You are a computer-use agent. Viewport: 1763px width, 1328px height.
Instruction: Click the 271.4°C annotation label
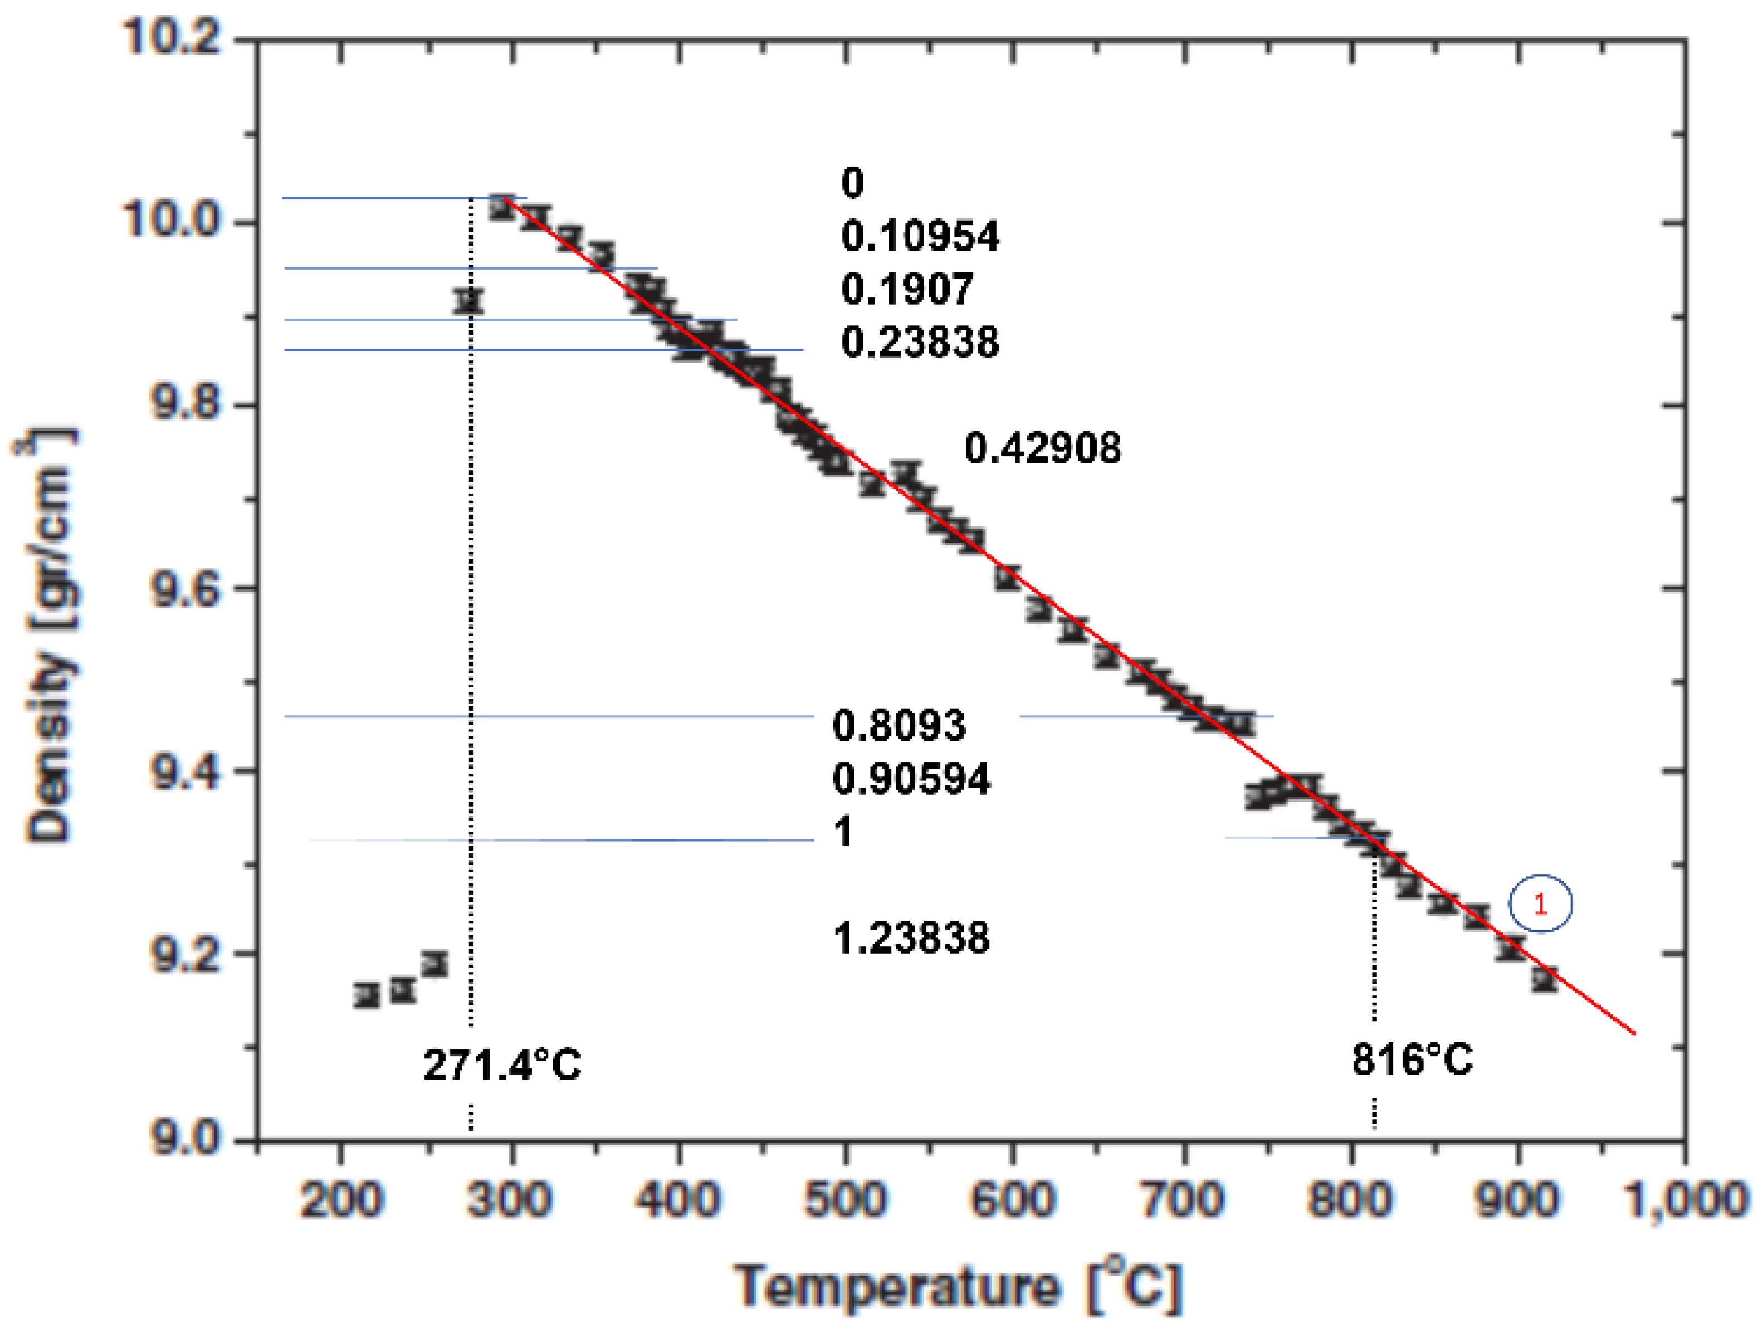pos(502,1066)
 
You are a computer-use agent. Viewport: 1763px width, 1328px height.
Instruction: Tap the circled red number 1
pos(1540,904)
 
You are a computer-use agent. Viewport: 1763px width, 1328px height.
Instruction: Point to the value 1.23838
pos(911,938)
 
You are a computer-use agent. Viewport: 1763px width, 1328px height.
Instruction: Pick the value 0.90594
pos(911,779)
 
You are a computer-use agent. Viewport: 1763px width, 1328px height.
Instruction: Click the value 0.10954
pos(919,237)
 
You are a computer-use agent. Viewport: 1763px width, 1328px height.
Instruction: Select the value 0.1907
pos(906,289)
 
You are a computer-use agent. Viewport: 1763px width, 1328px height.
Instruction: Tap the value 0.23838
pos(919,343)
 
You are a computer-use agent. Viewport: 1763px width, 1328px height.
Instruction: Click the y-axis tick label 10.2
pos(172,37)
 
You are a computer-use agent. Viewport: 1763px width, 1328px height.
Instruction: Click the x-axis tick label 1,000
pos(1684,1200)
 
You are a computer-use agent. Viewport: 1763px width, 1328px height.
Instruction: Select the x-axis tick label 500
pos(845,1200)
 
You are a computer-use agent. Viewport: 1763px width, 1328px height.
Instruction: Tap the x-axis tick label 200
pos(341,1200)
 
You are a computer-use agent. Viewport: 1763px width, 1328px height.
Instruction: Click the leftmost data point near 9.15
pos(367,995)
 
